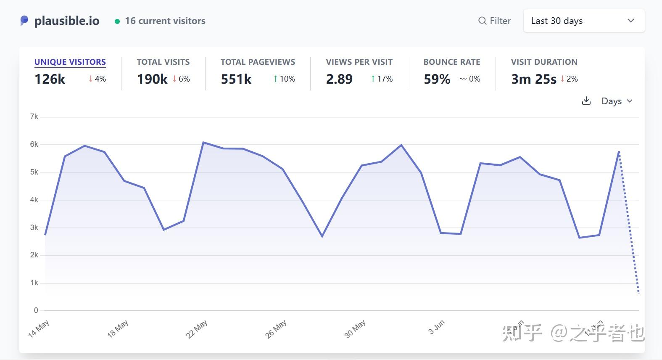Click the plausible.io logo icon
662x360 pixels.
[24, 21]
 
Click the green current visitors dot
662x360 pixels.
[117, 21]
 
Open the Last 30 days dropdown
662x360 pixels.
[583, 21]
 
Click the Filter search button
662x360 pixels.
[494, 21]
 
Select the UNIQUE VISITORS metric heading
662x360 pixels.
[70, 62]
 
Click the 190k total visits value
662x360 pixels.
[152, 79]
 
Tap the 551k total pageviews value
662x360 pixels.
[236, 79]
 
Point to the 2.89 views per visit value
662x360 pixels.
[339, 79]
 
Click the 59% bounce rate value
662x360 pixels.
[437, 79]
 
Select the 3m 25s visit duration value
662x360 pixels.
[533, 79]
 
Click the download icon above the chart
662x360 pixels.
[586, 101]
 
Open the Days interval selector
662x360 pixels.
[617, 101]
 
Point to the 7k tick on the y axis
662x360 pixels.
[34, 116]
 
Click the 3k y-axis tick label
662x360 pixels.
[34, 228]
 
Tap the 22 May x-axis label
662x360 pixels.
[197, 329]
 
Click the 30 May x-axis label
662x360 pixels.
[355, 329]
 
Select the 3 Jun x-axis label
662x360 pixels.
[436, 327]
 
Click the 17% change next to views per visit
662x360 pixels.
[382, 79]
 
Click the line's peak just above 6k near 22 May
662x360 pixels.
[203, 142]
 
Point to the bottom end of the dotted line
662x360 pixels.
[639, 293]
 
